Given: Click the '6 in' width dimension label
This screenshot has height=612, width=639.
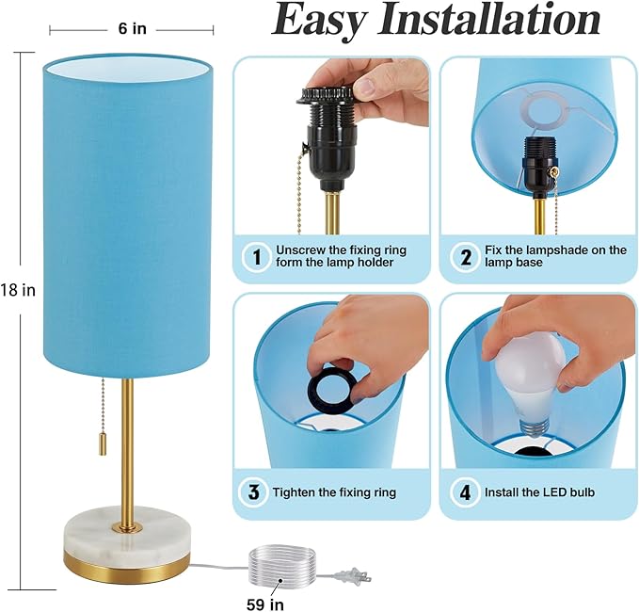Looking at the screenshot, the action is point(132,28).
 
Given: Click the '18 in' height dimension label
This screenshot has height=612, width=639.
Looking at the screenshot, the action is point(18,290).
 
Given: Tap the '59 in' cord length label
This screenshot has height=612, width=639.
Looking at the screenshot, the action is point(264,604).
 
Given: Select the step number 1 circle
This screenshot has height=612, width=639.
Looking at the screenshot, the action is point(257,257).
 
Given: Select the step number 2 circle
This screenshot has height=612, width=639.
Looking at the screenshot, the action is point(466,257).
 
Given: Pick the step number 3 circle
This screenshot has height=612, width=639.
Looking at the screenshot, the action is point(253,492).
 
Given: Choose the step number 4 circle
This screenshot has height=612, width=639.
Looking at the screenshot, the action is point(465,492).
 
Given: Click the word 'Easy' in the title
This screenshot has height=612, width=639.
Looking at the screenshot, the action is point(319,21).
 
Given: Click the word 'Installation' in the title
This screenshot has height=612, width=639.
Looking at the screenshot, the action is point(488,20).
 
